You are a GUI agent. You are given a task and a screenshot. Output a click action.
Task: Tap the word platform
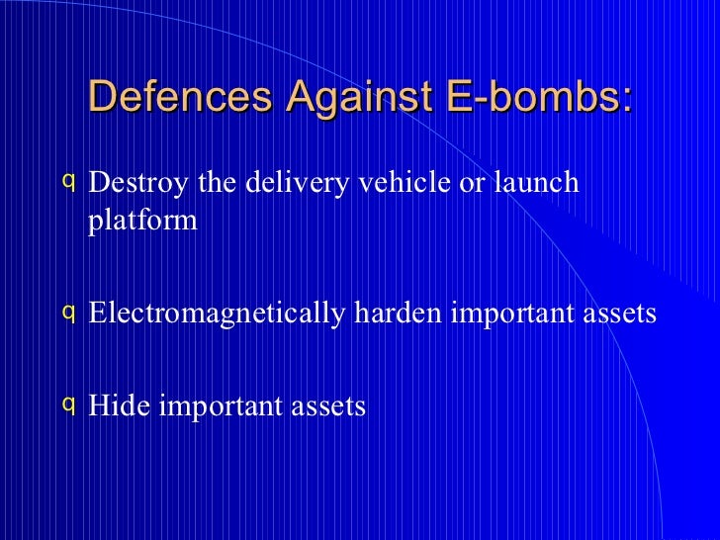[142, 221]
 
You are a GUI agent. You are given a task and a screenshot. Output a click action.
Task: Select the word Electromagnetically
[217, 314]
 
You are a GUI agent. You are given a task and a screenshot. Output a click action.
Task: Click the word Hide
[117, 405]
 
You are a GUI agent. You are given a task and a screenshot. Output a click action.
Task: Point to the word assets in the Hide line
[332, 405]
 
